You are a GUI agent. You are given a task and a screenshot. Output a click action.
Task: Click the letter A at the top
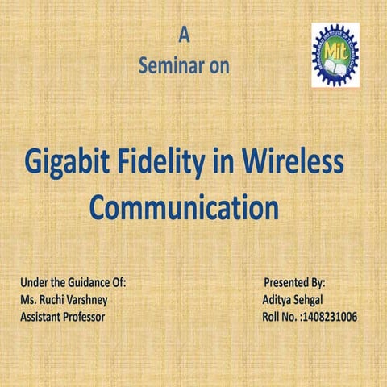(185, 35)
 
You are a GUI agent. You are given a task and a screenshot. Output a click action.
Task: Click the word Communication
(184, 206)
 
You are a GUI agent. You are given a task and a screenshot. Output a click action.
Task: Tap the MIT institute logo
(335, 55)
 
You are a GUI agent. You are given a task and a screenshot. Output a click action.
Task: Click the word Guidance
(85, 284)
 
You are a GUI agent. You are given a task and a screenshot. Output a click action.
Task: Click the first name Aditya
(277, 300)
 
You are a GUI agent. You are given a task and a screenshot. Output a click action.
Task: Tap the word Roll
(273, 317)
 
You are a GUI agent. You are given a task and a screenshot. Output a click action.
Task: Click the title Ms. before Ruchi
(28, 300)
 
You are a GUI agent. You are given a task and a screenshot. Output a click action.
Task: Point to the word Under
(34, 284)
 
